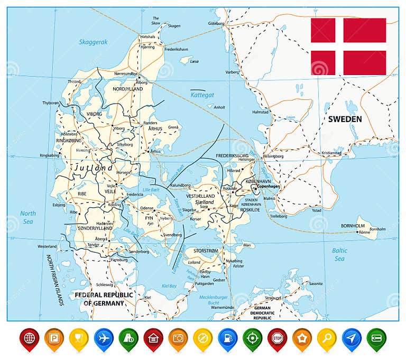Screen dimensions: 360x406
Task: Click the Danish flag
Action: tap(348, 47)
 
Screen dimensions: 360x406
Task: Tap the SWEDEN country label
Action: tap(345, 119)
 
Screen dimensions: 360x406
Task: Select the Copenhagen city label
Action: tap(269, 188)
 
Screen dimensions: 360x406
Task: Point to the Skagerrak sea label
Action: tap(93, 42)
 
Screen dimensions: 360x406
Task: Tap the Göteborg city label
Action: tap(216, 23)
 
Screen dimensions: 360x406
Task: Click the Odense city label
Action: tap(146, 208)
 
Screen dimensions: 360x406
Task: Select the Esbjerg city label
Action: tap(59, 205)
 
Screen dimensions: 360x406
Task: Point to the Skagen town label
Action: tap(174, 26)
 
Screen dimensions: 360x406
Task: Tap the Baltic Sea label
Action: tap(339, 254)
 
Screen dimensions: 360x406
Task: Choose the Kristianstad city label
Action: tap(331, 153)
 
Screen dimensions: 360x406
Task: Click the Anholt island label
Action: tap(219, 107)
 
